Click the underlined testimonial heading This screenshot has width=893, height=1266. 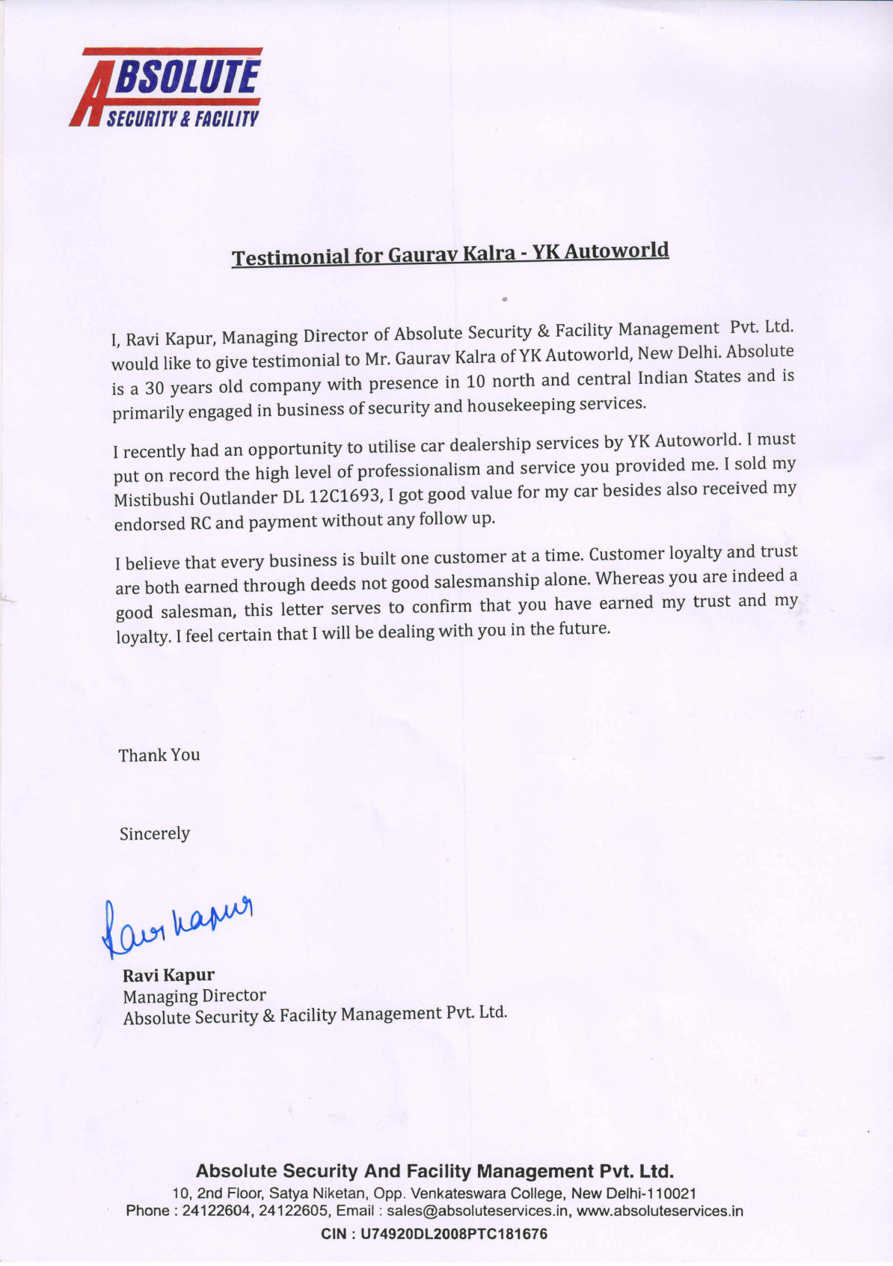pyautogui.click(x=449, y=254)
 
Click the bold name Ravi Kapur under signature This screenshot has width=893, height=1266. pyautogui.click(x=168, y=975)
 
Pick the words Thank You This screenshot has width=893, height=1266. pyautogui.click(x=159, y=755)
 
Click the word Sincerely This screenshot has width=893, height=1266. pyautogui.click(x=155, y=834)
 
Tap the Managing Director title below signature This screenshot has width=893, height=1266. pyautogui.click(x=194, y=996)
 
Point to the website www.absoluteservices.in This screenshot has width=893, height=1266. pyautogui.click(x=660, y=1211)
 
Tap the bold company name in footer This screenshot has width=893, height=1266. pyautogui.click(x=435, y=1171)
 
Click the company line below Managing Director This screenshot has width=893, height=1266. pyautogui.click(x=315, y=1015)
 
